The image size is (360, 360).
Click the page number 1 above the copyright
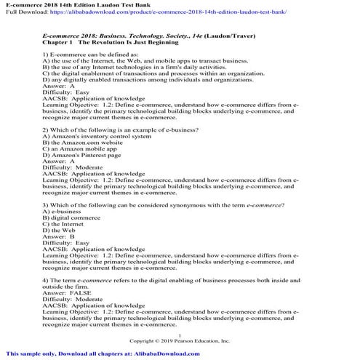click(179, 334)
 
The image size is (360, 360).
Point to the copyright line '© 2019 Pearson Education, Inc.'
click(179, 340)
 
